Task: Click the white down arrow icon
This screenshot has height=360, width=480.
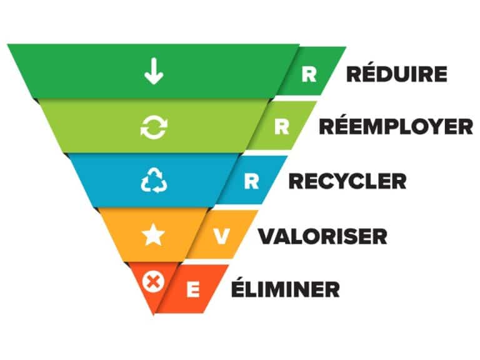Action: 154,71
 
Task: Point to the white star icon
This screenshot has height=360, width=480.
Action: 153,235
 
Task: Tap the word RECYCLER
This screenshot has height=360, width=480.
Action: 347,181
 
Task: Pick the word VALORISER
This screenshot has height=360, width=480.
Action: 323,236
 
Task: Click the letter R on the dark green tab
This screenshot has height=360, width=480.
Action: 309,74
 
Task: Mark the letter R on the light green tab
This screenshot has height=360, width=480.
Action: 282,127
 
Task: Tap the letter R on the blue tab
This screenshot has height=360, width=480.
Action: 252,181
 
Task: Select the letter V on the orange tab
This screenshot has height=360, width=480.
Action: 221,236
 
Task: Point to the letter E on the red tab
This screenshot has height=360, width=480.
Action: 193,290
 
